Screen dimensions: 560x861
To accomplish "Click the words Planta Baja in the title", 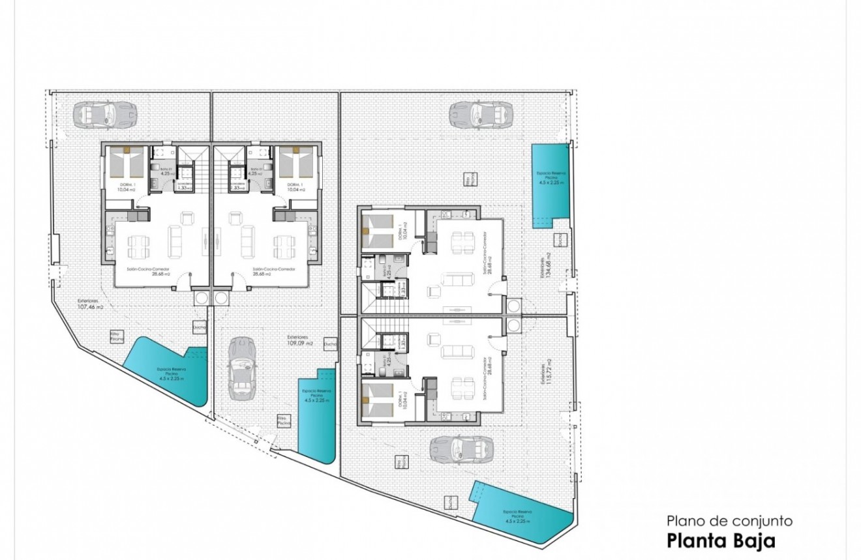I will point(721,540).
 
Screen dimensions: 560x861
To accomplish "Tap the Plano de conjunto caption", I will point(729,521).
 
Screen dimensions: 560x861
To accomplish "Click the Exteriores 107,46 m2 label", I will point(91,304).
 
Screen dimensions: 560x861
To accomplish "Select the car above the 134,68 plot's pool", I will point(481,115).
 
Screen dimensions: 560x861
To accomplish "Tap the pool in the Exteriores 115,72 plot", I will point(521,511).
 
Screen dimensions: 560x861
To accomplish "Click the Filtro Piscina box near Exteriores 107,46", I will point(117,336).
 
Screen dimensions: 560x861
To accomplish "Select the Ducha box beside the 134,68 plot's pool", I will point(558,240).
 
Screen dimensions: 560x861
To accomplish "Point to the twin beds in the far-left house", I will point(127,163).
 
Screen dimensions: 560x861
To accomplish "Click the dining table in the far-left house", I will point(138,246).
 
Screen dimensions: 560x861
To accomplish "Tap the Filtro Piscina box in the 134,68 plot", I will point(468,179).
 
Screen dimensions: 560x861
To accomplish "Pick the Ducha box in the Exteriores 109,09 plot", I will point(331,344).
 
